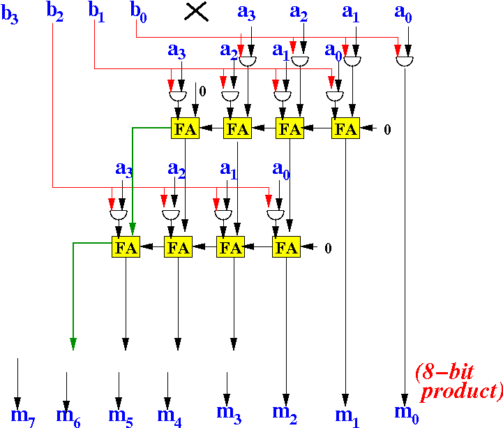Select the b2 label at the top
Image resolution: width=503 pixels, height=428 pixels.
55,12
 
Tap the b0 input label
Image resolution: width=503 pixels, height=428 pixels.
138,13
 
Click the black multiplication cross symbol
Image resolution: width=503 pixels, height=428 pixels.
196,13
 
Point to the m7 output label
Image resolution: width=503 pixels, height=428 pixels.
23,416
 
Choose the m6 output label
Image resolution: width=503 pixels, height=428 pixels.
68,416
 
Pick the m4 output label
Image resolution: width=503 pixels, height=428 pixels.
169,416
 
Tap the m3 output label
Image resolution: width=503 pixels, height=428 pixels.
229,414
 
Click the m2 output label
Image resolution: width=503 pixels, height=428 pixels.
285,414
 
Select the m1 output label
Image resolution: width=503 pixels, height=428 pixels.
347,416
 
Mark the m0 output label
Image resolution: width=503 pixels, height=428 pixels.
407,414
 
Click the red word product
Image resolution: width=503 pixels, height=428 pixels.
462,392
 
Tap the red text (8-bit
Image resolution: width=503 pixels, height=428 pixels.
444,372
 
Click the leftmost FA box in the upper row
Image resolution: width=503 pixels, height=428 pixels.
185,128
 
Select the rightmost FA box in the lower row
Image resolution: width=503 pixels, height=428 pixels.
286,247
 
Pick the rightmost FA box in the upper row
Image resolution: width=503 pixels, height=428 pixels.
345,128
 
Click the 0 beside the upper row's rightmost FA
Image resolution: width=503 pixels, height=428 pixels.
387,129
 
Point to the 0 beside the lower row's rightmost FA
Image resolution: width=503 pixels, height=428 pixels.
328,248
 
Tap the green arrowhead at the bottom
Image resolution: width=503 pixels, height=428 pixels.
73,344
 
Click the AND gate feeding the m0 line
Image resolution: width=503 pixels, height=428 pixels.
405,61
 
